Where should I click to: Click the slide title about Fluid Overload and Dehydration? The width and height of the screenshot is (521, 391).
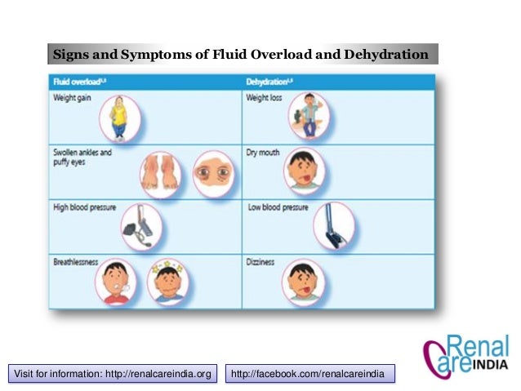coord(241,55)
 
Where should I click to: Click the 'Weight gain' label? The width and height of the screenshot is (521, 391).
coord(72,98)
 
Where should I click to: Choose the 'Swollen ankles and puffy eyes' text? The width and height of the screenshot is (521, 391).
coord(82,157)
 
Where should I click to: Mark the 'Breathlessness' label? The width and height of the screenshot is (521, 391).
coord(76,262)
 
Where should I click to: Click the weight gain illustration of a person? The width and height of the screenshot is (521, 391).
coord(120,118)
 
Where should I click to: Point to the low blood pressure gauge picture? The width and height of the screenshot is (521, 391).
coord(333,224)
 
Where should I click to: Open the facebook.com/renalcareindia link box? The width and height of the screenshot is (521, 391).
coord(309,374)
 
